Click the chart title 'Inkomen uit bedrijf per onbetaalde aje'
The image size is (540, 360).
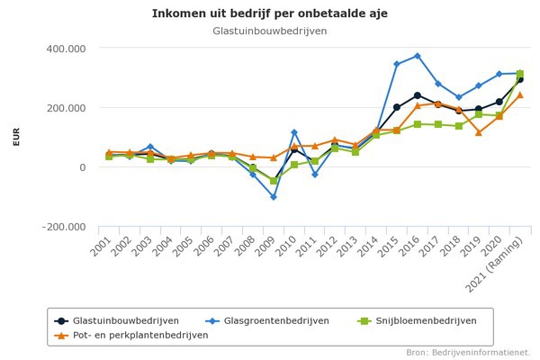pos(269,13)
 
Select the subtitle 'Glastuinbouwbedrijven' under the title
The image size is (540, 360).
pos(269,31)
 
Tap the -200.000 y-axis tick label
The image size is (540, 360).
pos(65,227)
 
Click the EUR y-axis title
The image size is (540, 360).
pos(16,137)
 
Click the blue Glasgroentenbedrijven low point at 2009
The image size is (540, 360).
pos(274,197)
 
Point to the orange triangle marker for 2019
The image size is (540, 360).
pos(478,132)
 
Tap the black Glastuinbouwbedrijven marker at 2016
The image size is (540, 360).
pos(417,95)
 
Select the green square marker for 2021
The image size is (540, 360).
pos(519,74)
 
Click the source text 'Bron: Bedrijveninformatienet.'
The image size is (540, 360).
pos(468,352)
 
